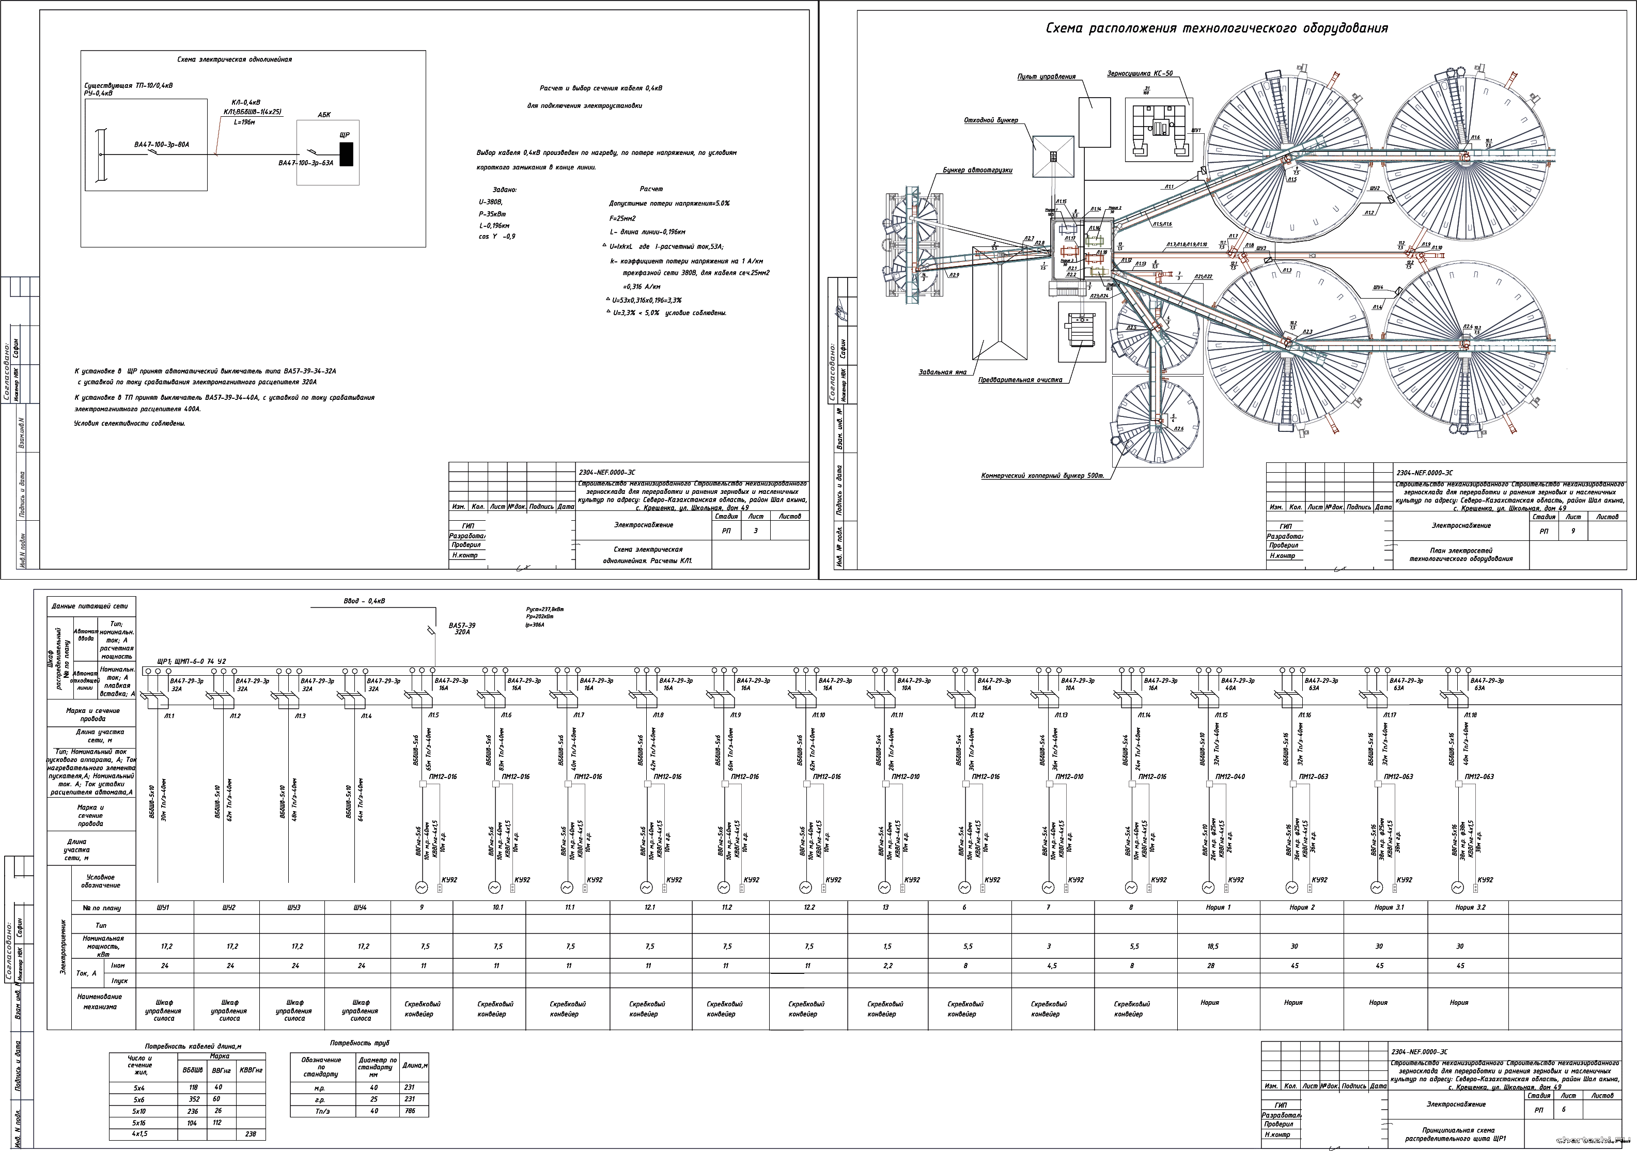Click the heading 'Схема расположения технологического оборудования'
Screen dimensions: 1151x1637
click(1217, 28)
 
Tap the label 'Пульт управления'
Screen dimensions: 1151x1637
click(1046, 76)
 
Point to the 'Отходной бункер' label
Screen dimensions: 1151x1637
click(991, 120)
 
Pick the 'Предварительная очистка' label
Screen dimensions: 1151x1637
click(1020, 380)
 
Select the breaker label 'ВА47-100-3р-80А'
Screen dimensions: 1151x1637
click(162, 145)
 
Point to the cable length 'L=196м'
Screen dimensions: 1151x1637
click(244, 122)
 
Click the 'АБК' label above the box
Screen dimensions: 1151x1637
click(324, 114)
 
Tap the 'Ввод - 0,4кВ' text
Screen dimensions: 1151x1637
click(364, 601)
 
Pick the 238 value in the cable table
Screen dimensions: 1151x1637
click(250, 1134)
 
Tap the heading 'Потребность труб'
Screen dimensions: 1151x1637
click(360, 1043)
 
